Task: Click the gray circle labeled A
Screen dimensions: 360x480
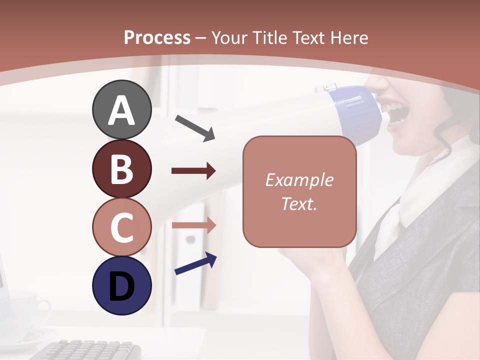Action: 122,109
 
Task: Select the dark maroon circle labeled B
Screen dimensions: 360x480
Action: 122,168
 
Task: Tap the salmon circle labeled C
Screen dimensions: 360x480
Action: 122,227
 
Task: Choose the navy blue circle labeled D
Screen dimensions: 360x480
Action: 122,285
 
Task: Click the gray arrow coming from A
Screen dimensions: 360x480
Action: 195,128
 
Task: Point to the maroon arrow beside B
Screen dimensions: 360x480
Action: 193,171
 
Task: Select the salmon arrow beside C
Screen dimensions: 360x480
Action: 193,225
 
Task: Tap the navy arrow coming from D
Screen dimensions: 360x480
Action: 195,264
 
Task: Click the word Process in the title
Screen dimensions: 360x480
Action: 157,37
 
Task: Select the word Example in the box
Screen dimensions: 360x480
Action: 299,180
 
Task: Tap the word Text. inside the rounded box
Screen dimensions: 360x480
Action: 299,203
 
